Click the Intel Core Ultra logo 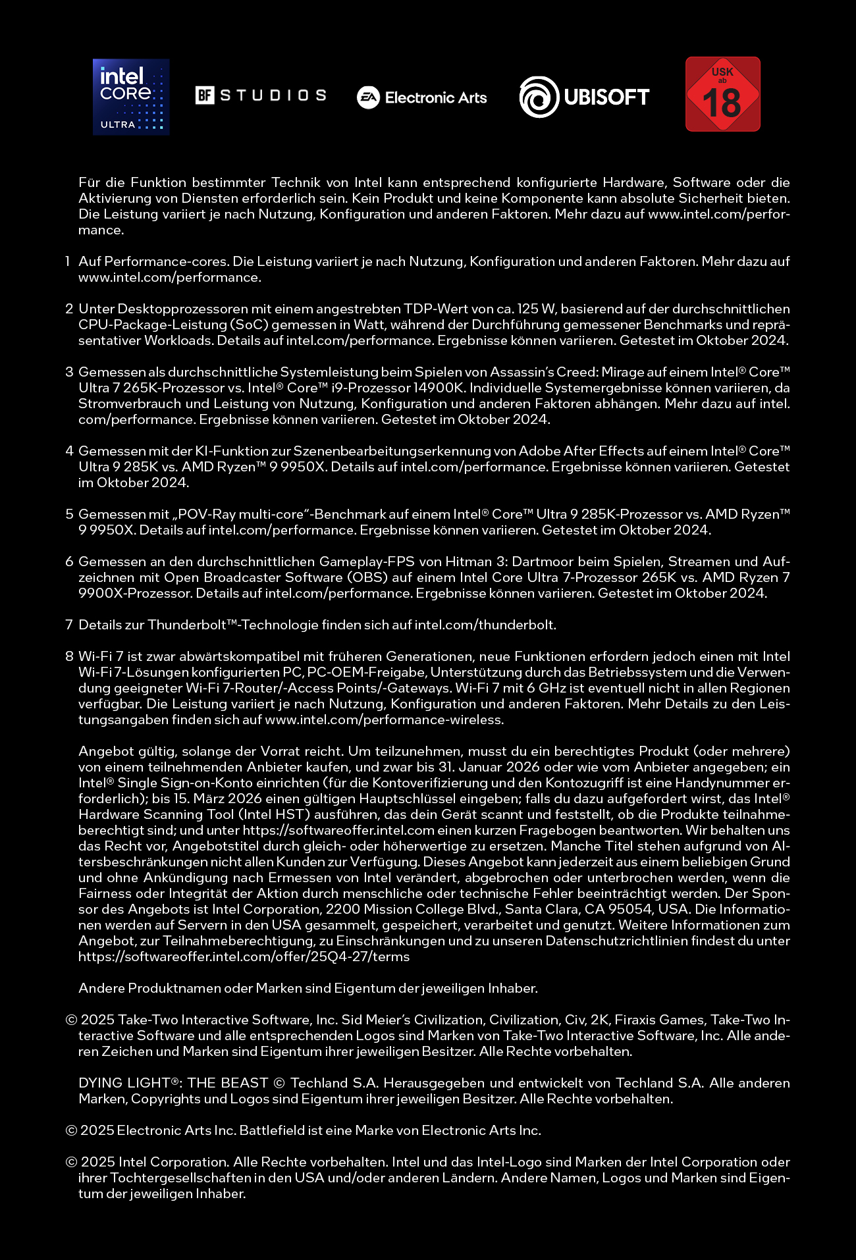click(131, 97)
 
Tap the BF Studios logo click(261, 95)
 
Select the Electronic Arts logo click(421, 97)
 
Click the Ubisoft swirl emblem click(539, 97)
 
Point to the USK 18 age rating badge click(722, 94)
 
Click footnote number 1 click(68, 261)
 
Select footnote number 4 click(69, 451)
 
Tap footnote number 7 click(69, 625)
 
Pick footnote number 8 click(69, 656)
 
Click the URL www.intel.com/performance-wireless click(384, 720)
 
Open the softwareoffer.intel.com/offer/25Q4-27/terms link click(244, 957)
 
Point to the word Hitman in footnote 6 click(468, 562)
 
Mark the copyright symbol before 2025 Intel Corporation click(71, 1162)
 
